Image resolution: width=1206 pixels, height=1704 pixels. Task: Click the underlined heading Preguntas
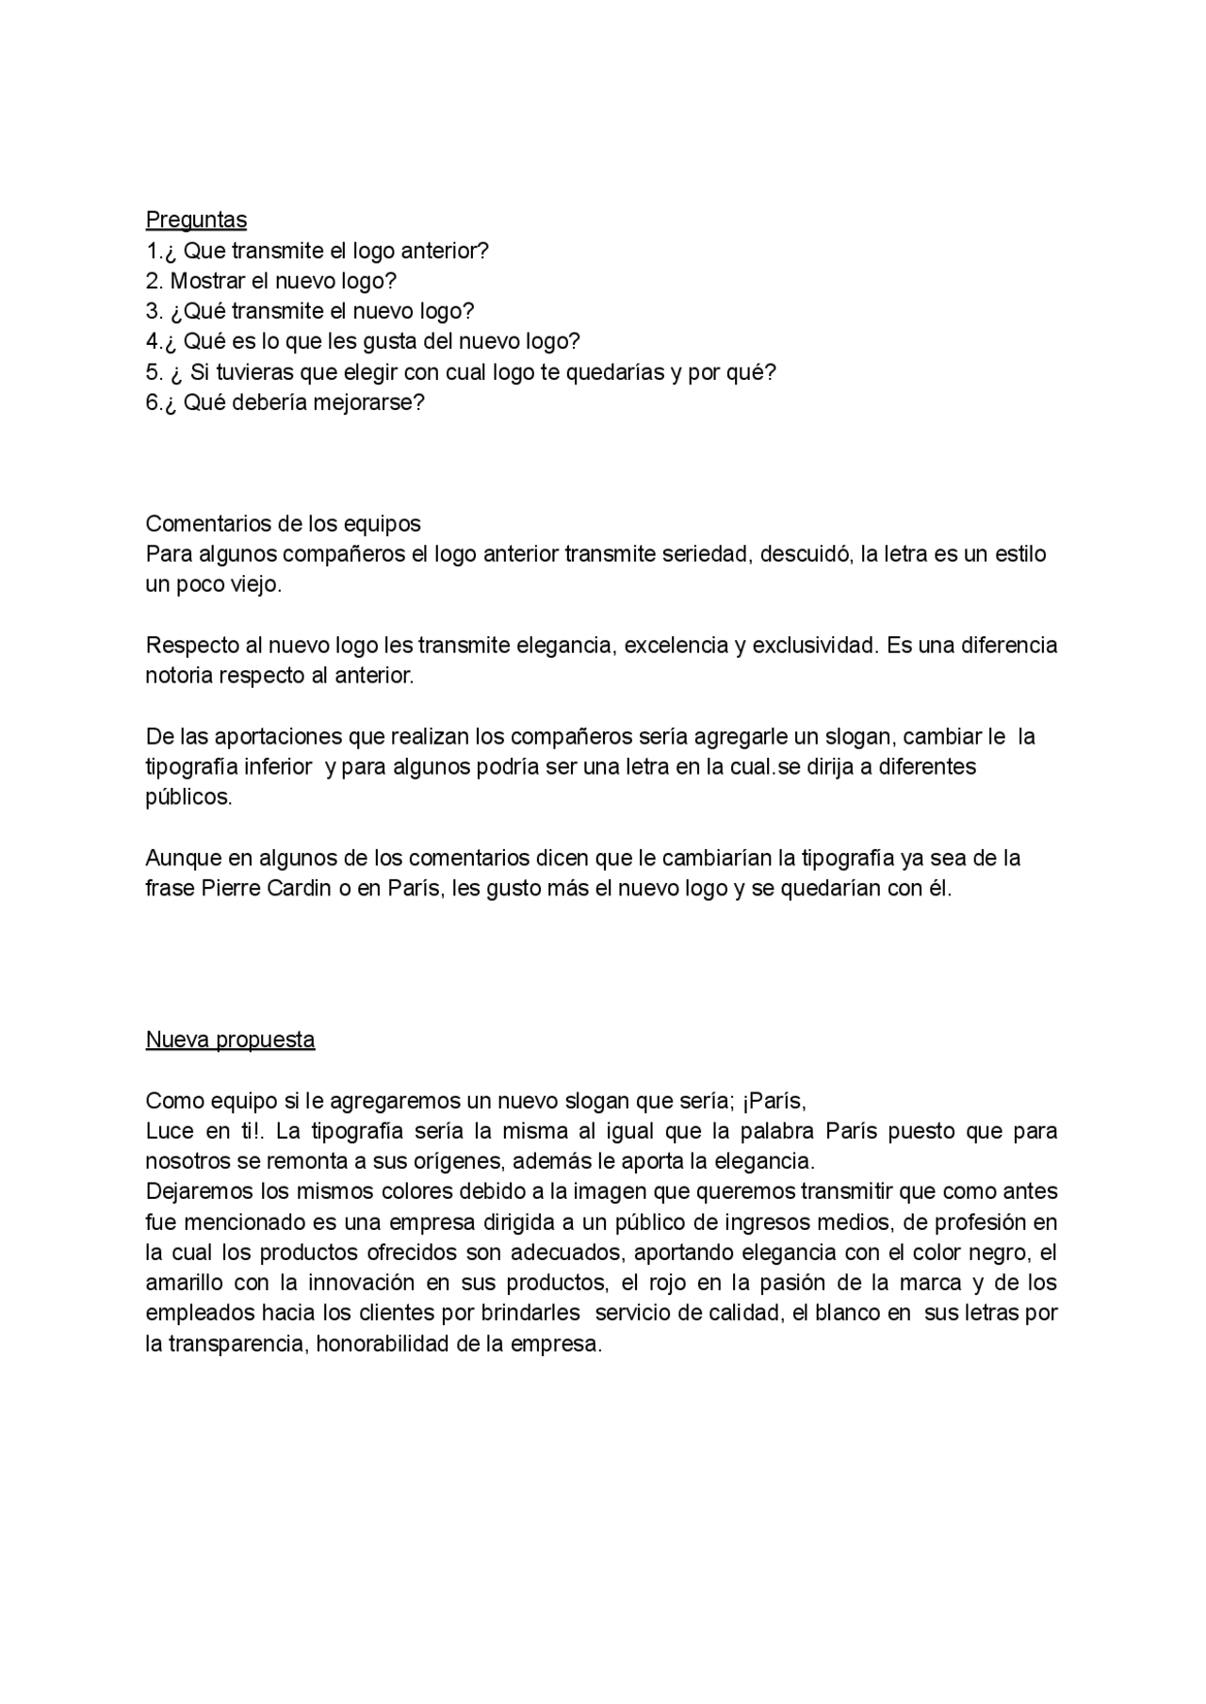point(196,220)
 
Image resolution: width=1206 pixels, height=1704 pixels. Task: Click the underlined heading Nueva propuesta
point(230,1040)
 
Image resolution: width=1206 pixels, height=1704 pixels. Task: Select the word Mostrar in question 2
point(206,281)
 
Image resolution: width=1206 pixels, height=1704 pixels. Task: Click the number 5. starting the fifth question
point(155,372)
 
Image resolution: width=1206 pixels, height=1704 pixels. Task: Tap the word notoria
point(179,676)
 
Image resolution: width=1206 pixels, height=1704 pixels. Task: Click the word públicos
point(188,797)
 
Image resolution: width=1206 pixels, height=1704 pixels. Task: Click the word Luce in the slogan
point(170,1130)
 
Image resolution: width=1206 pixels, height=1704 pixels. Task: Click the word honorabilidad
point(384,1344)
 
